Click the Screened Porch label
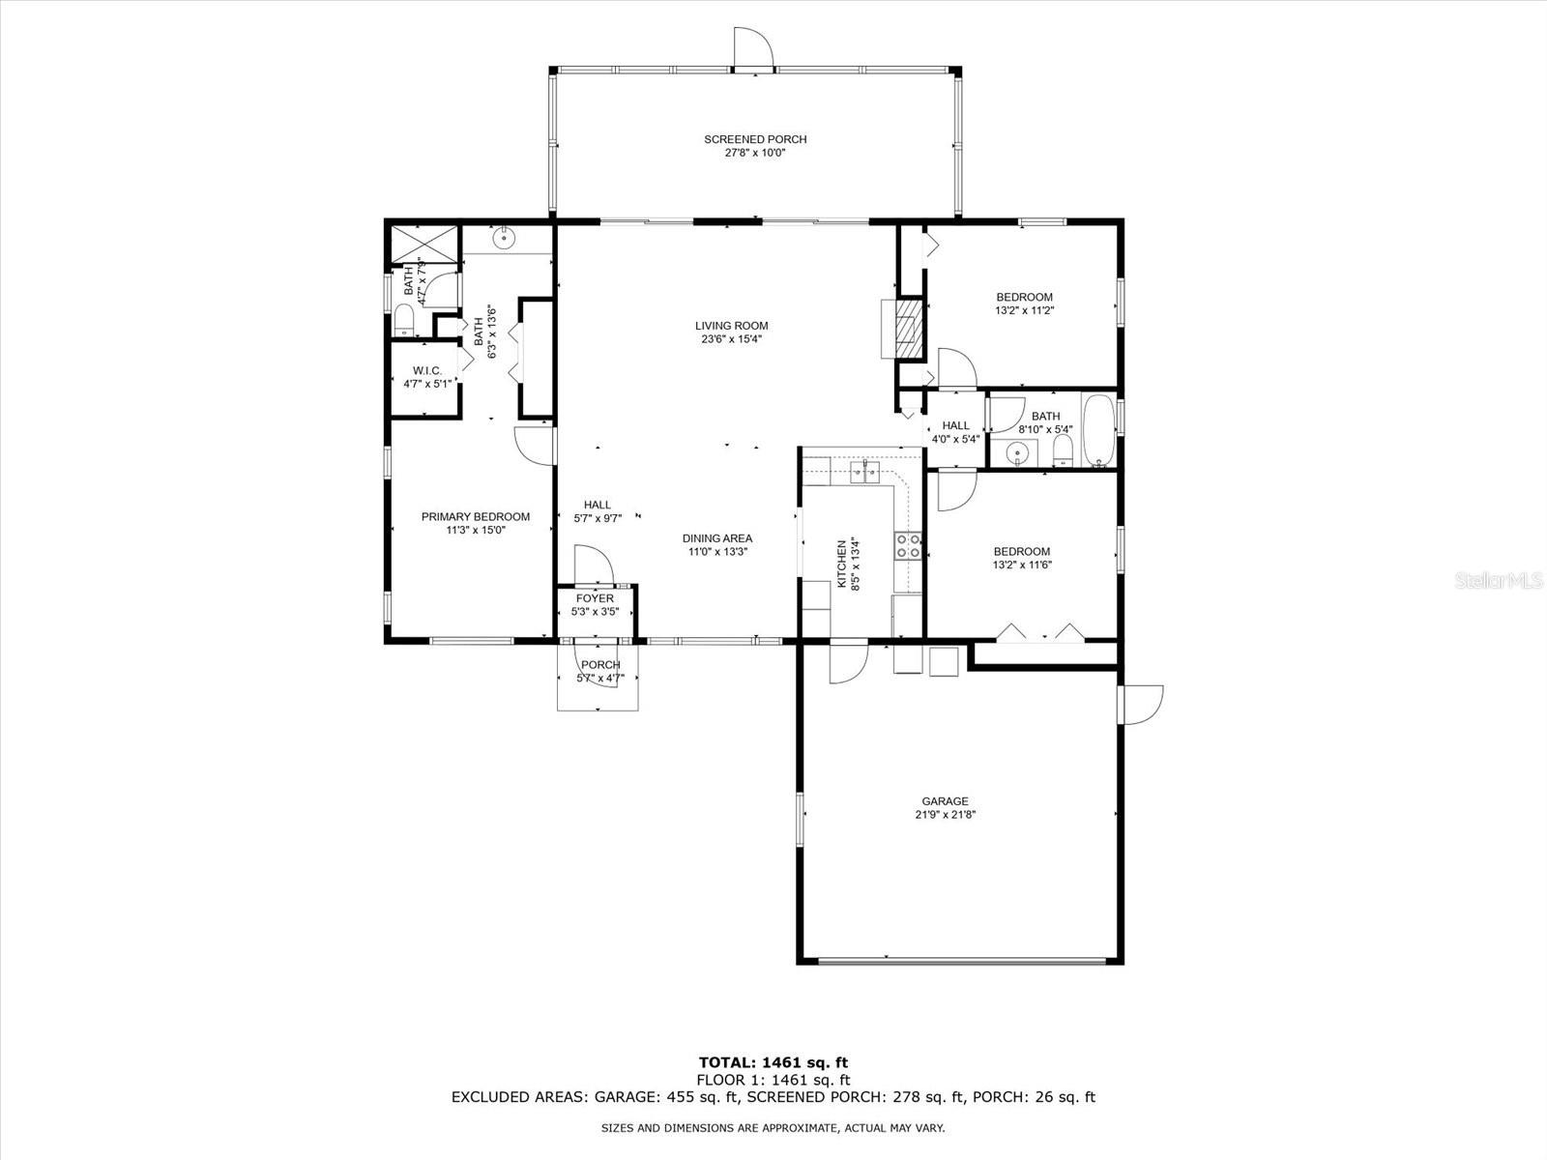pos(755,139)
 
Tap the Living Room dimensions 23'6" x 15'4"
pos(732,338)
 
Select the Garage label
pos(945,801)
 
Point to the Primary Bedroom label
pos(476,517)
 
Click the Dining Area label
pos(717,538)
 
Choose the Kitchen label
pos(841,565)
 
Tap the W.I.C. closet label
pos(427,371)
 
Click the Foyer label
pos(595,598)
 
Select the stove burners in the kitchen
pos(908,545)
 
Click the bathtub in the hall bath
pos(1098,431)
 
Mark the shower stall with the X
pos(424,245)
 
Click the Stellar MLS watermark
pos(1499,581)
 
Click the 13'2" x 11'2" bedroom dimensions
pos(1024,310)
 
